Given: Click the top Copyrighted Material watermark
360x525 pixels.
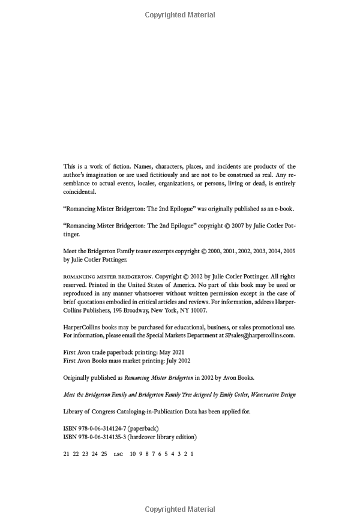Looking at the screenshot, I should pyautogui.click(x=180, y=15).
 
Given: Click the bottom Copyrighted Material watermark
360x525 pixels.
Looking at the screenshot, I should pyautogui.click(x=180, y=509).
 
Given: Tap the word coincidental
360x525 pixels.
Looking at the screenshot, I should pyautogui.click(x=79, y=192).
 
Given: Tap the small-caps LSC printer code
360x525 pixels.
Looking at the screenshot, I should pyautogui.click(x=118, y=455).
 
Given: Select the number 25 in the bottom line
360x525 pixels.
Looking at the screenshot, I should pyautogui.click(x=104, y=454).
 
